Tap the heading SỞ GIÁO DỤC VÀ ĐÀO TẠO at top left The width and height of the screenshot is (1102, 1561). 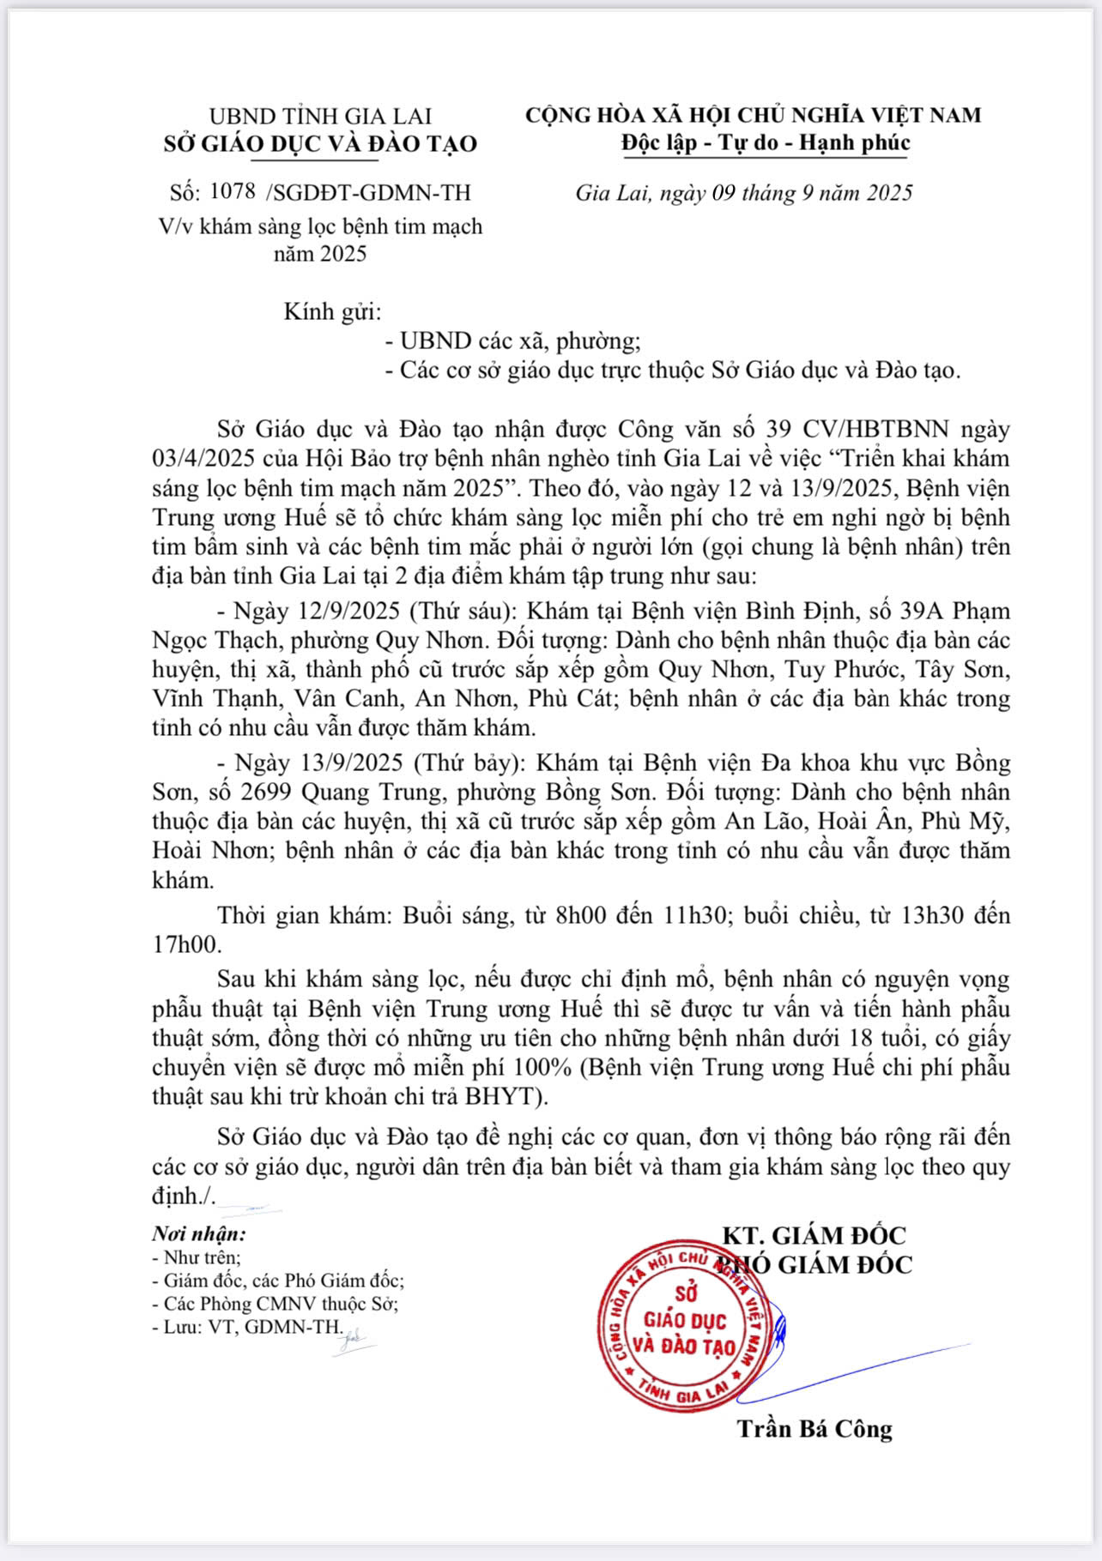pyautogui.click(x=320, y=143)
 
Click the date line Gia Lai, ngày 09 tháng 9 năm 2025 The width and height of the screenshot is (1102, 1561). pyautogui.click(x=743, y=193)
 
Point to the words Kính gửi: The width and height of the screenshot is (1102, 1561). pyautogui.click(x=332, y=311)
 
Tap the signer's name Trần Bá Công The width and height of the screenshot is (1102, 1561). pyautogui.click(x=814, y=1429)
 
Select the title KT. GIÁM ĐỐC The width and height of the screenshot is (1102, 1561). pyautogui.click(x=814, y=1235)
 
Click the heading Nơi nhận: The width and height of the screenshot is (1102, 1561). pyautogui.click(x=199, y=1234)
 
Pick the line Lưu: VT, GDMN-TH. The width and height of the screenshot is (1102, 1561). pyautogui.click(x=247, y=1328)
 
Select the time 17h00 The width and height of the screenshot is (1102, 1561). pyautogui.click(x=186, y=944)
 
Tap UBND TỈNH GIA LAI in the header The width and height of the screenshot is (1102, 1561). pyautogui.click(x=320, y=116)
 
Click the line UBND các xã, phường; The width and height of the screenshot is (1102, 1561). pyautogui.click(x=513, y=341)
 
